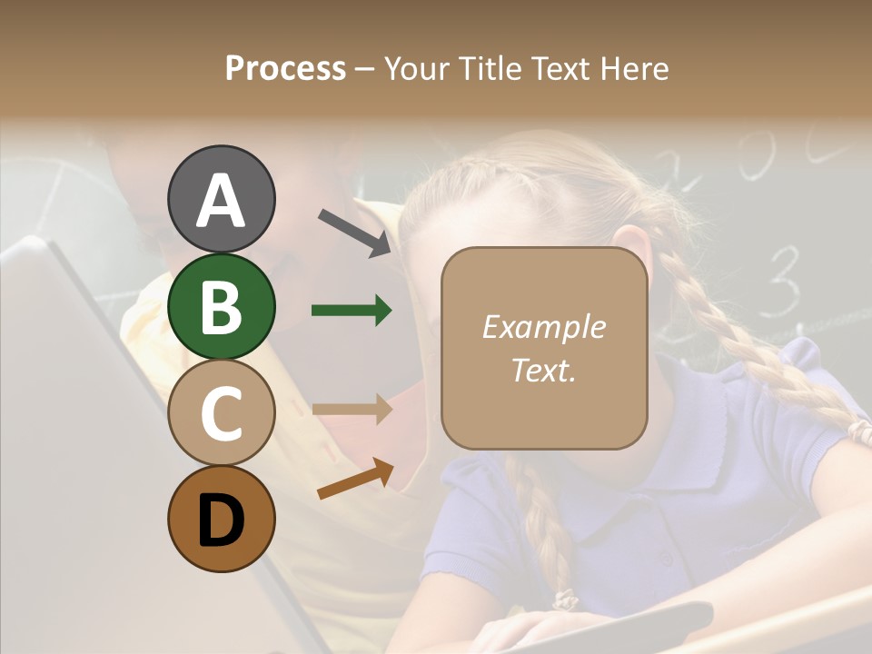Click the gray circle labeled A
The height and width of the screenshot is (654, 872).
click(x=221, y=200)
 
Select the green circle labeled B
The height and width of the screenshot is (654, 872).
click(x=221, y=306)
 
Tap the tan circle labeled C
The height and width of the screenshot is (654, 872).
click(x=221, y=412)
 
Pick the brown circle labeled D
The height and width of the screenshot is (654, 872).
click(x=221, y=519)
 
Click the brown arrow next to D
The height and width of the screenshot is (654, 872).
click(x=355, y=480)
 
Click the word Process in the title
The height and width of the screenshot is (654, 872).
click(x=285, y=69)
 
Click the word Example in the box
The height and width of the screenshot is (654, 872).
click(x=543, y=327)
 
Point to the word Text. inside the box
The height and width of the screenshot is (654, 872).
click(x=543, y=370)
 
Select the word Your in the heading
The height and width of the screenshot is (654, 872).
click(x=414, y=69)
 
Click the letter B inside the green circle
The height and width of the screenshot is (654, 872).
click(x=221, y=306)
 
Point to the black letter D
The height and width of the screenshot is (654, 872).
click(x=221, y=519)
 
